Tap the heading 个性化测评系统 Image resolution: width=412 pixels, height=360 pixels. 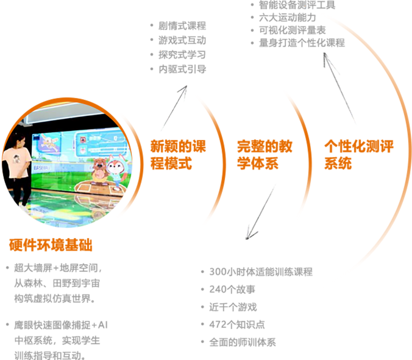pyautogui.click(x=349, y=154)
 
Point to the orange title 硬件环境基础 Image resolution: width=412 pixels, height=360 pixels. pyautogui.click(x=51, y=245)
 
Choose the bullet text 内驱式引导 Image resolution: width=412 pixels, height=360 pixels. pyautogui.click(x=182, y=68)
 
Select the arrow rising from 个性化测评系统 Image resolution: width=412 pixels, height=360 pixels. pyautogui.click(x=341, y=91)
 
